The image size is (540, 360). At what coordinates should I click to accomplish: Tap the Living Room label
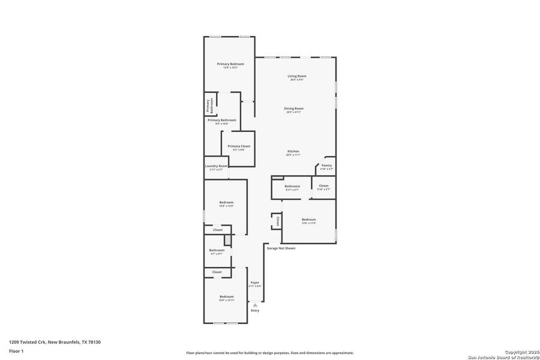(x=296, y=76)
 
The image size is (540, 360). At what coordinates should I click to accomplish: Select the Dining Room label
(x=294, y=109)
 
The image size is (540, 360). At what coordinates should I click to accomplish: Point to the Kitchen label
(x=293, y=151)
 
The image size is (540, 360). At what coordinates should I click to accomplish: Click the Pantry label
(x=326, y=166)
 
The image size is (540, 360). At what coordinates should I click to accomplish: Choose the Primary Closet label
(x=239, y=146)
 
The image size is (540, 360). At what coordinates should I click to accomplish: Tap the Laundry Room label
(x=216, y=166)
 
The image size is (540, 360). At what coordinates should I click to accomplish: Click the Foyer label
(x=255, y=283)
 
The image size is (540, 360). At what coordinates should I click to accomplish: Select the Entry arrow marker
(x=255, y=305)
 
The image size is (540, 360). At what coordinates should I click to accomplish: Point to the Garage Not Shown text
(x=281, y=248)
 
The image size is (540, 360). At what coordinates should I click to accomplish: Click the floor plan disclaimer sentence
(x=269, y=353)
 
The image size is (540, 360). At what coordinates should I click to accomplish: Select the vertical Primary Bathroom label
(x=210, y=106)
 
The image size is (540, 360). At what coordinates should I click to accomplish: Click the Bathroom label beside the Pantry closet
(x=292, y=187)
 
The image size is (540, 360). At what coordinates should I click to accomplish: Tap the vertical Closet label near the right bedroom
(x=277, y=221)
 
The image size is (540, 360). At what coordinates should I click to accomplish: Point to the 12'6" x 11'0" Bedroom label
(x=308, y=220)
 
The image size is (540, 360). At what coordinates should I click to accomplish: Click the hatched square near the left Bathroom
(x=227, y=240)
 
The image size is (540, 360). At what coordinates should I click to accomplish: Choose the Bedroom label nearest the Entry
(x=226, y=297)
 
